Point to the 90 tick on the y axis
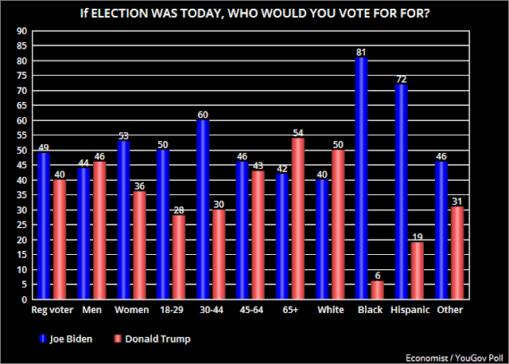point(21,30)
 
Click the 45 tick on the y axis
point(21,166)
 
